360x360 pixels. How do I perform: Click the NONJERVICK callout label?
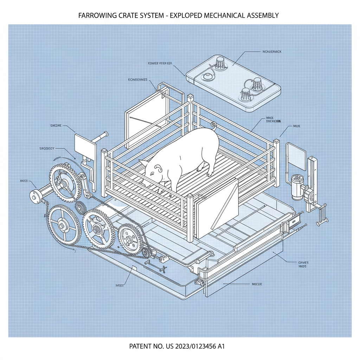point(272,52)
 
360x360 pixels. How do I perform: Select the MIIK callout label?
point(296,126)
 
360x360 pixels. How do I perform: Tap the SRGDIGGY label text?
point(47,148)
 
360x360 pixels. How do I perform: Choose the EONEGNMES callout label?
point(138,80)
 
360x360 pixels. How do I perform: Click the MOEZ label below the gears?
point(119,285)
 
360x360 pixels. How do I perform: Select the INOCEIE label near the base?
point(257,284)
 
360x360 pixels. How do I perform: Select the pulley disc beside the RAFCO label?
point(35,196)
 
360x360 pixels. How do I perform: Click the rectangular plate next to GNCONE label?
point(85,146)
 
